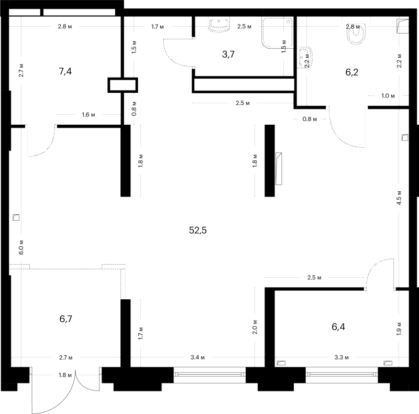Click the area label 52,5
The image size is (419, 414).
(198, 230)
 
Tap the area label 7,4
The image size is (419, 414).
(65, 71)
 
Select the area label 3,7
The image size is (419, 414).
(228, 55)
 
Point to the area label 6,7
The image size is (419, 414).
(66, 319)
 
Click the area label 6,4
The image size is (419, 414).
(338, 326)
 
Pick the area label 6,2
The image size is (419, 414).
(351, 72)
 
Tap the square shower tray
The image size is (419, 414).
(277, 33)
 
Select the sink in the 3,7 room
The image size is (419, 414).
(219, 24)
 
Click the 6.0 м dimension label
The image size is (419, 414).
(21, 247)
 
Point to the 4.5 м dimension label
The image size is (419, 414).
(399, 198)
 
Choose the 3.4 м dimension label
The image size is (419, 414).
(197, 357)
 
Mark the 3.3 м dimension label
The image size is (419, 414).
(341, 357)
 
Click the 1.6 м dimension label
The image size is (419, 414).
(89, 115)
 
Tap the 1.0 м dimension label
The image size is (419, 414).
(388, 96)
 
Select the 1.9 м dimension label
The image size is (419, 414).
(399, 329)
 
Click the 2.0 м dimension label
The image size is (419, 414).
(255, 327)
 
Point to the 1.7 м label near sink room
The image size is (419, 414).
(158, 27)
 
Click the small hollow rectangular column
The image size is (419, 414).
(123, 85)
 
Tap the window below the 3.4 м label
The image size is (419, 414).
(210, 375)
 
